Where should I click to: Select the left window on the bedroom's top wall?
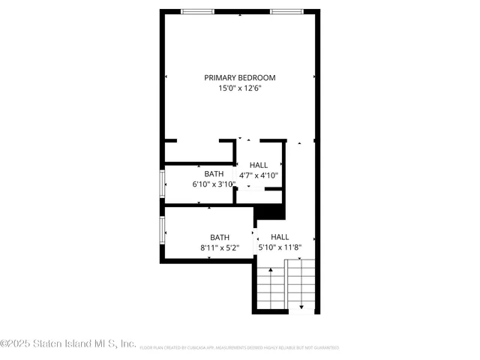[x=196, y=11]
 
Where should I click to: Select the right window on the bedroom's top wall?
[x=286, y=11]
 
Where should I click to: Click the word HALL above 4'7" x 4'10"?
[x=259, y=165]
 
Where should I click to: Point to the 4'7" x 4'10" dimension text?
[x=259, y=175]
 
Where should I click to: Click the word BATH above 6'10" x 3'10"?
[x=214, y=174]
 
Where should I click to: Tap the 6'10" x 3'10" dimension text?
[x=214, y=184]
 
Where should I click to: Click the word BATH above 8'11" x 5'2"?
[x=220, y=237]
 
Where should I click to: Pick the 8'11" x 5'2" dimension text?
[x=220, y=247]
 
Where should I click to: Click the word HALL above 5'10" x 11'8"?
[x=280, y=236]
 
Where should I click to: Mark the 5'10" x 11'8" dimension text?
[x=280, y=247]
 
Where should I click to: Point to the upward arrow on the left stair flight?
[x=271, y=270]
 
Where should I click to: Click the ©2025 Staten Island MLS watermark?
[x=67, y=343]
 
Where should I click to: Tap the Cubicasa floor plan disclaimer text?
[x=239, y=348]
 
